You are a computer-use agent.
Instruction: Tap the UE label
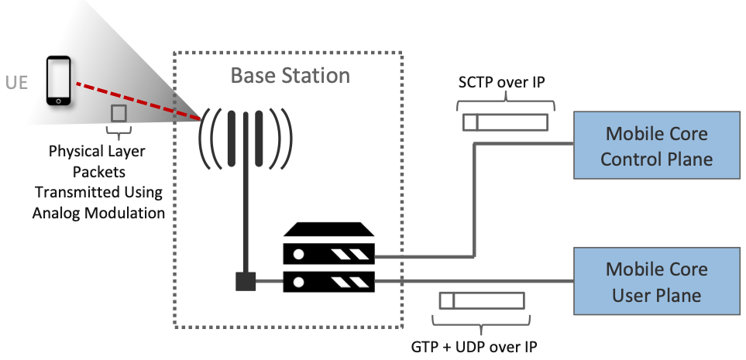click(x=16, y=82)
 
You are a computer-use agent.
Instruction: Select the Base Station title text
click(x=290, y=76)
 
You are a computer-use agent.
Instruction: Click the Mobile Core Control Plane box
click(x=656, y=146)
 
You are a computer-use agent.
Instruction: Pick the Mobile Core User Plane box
click(x=656, y=282)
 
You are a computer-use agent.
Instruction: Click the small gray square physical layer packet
click(x=119, y=113)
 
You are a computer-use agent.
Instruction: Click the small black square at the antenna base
click(x=246, y=281)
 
